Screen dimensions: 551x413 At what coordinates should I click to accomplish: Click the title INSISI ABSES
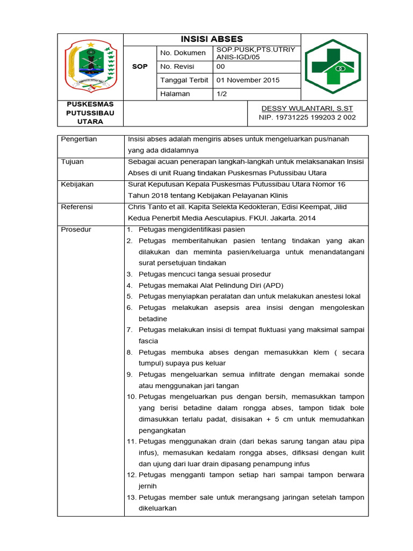coord(211,39)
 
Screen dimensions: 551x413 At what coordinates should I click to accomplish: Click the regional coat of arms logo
coord(90,66)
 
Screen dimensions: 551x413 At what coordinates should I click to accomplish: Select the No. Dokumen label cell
coord(183,53)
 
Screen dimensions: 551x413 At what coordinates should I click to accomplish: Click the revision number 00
coord(220,67)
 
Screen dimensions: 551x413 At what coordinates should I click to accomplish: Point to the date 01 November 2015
coord(248,80)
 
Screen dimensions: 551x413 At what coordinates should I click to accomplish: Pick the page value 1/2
coord(222,94)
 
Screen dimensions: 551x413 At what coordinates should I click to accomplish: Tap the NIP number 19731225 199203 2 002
coord(307,117)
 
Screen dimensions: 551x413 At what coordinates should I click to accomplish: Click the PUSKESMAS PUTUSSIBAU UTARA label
coord(90,112)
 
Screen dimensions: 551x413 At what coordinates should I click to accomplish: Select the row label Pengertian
coord(79,139)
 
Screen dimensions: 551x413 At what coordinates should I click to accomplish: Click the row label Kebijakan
coord(77,185)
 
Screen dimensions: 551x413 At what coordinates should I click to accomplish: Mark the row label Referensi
coord(77,207)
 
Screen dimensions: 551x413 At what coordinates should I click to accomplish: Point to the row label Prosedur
coord(76,229)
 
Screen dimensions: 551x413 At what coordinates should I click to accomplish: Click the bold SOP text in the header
coord(139,67)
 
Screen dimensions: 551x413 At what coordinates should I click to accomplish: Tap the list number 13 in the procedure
coord(132,498)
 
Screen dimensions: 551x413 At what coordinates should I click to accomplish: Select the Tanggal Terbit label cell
coord(183,80)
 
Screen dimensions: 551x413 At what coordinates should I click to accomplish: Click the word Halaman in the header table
coord(175,94)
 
